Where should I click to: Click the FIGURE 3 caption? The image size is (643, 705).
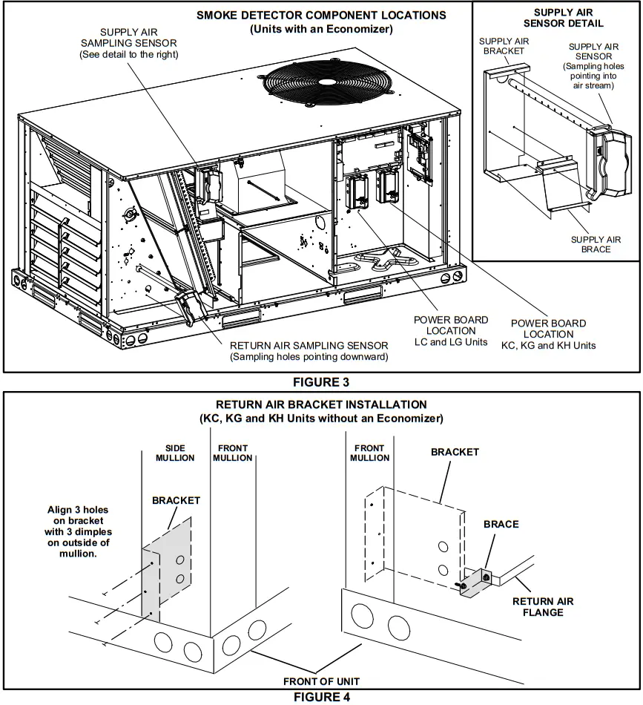(321, 382)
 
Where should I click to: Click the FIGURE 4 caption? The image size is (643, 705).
(321, 697)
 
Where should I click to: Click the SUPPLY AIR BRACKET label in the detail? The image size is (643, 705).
(504, 46)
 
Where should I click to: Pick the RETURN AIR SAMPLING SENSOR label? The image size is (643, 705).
(309, 350)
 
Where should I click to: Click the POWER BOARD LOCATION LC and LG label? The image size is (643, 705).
(451, 331)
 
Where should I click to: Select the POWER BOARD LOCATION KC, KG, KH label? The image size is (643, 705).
(548, 334)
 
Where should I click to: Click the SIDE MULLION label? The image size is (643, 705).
(175, 453)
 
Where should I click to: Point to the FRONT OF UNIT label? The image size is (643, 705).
(321, 681)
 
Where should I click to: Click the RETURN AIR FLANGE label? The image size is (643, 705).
(543, 606)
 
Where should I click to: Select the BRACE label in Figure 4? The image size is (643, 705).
(501, 524)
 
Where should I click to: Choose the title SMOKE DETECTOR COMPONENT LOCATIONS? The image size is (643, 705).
(321, 15)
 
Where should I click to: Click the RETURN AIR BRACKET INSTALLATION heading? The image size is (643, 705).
(321, 404)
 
